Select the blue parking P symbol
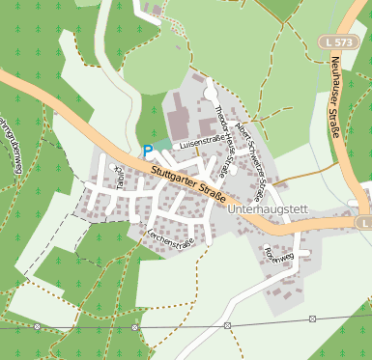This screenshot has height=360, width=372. pyautogui.click(x=147, y=150)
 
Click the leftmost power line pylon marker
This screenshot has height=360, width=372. pyautogui.click(x=36, y=327)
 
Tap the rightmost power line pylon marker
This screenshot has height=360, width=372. pyautogui.click(x=313, y=318)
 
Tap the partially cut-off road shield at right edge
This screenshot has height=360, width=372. pyautogui.click(x=362, y=223)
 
